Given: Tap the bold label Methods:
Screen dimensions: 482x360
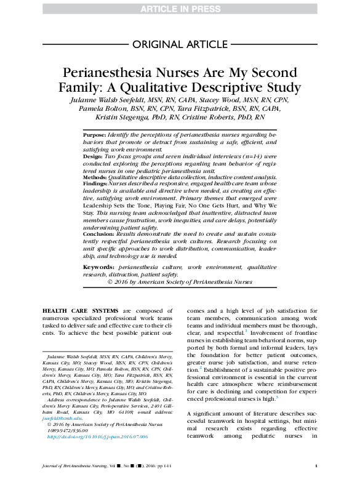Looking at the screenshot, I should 95,177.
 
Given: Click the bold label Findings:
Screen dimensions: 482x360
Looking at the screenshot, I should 96,183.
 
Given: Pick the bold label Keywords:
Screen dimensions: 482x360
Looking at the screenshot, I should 98,268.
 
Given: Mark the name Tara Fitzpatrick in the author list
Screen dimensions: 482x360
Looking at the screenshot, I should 197,108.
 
